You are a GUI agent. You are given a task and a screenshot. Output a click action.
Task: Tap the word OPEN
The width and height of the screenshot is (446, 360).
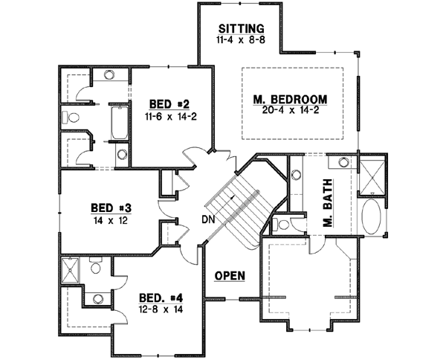pyautogui.click(x=230, y=275)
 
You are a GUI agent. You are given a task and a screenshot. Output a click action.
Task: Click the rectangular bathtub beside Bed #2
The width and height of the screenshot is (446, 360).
pyautogui.click(x=118, y=123)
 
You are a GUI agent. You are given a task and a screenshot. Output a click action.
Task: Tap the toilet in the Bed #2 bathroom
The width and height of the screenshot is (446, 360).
pyautogui.click(x=68, y=118)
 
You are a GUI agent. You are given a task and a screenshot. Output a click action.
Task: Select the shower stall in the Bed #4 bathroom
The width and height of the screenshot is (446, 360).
pyautogui.click(x=72, y=270)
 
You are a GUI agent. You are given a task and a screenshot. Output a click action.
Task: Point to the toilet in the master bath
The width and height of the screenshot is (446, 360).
pyautogui.click(x=282, y=223)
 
